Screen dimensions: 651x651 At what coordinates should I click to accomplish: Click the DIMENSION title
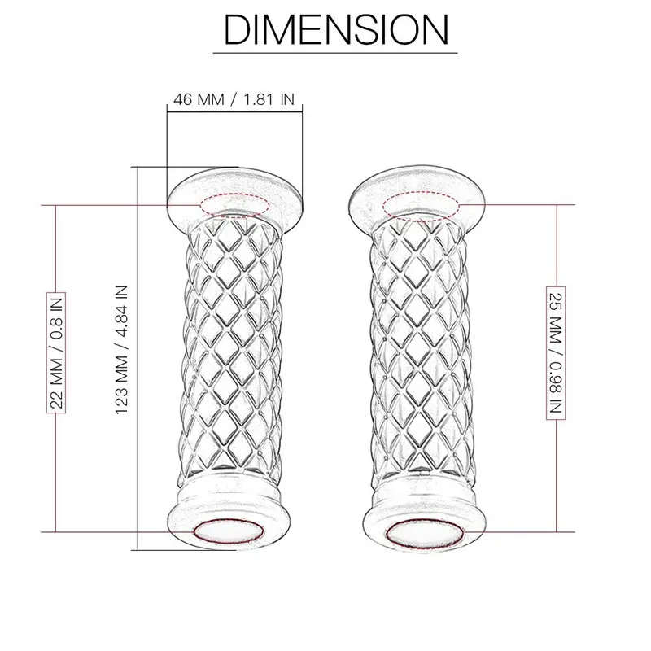(335, 30)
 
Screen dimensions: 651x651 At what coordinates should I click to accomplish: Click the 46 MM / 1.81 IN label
(234, 100)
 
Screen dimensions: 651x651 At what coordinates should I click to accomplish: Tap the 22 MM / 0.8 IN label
(57, 351)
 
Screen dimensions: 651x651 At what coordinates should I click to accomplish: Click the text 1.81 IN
(266, 100)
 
